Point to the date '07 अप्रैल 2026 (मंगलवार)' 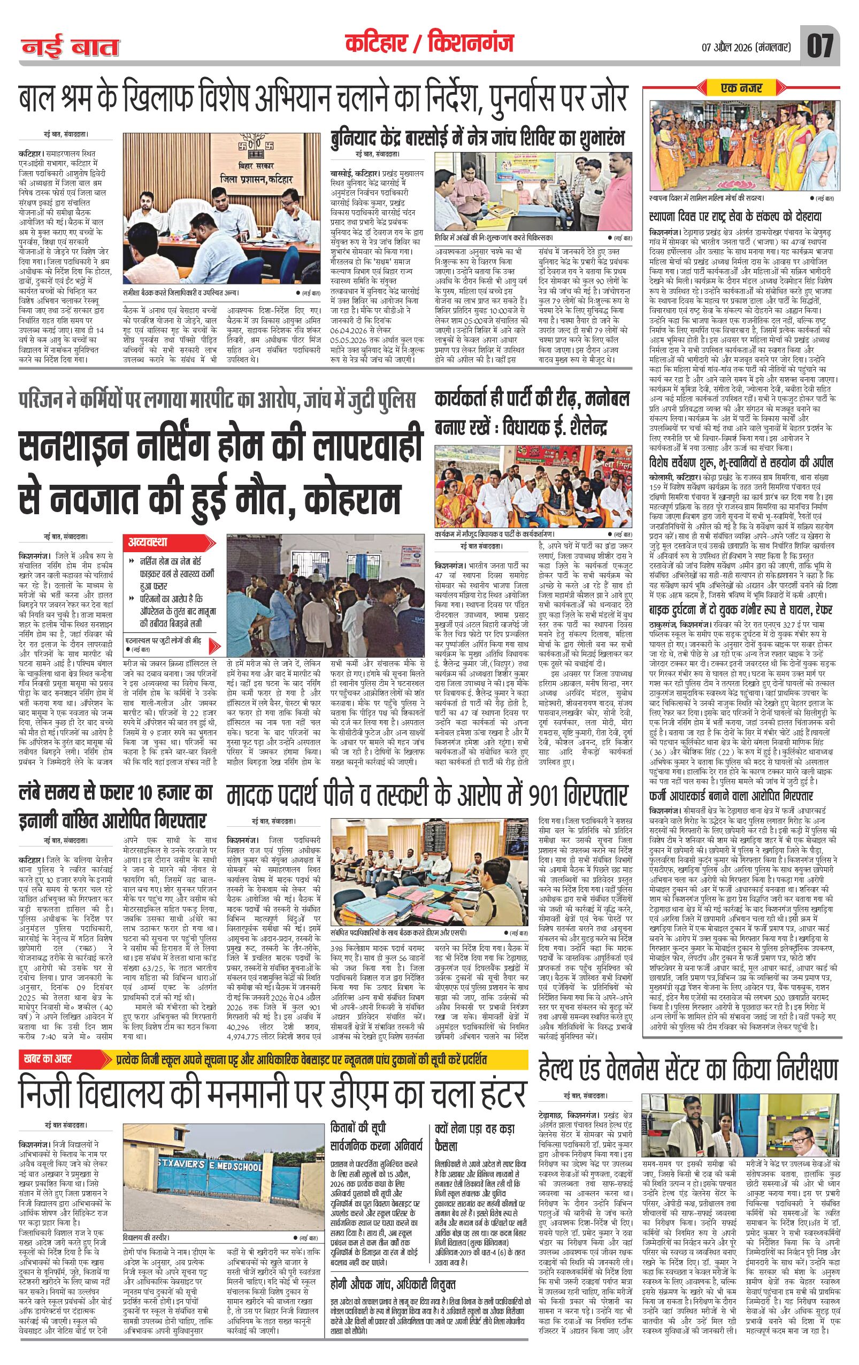[737, 46]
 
